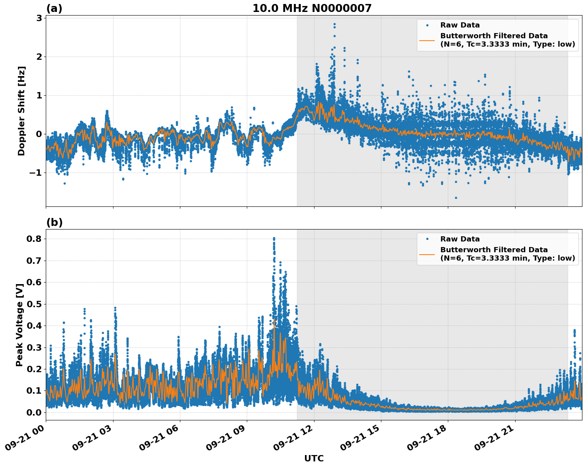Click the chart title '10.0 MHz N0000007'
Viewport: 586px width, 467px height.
[x=312, y=8]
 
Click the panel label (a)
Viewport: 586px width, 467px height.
[x=54, y=8]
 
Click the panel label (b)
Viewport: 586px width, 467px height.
[x=54, y=222]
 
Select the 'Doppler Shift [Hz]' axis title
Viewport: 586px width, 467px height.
[x=21, y=111]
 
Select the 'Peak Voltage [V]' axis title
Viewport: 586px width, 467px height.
[x=20, y=324]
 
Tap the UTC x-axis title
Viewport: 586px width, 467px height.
[x=314, y=458]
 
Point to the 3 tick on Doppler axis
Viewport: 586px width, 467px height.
[x=39, y=18]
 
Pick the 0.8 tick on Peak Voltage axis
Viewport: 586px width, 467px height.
[x=35, y=239]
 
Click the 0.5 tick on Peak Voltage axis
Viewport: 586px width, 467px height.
[x=35, y=304]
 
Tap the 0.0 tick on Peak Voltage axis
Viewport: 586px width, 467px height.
[x=35, y=412]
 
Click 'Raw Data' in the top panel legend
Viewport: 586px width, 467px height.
[x=460, y=26]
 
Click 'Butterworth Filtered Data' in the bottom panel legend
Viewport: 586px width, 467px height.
[x=494, y=250]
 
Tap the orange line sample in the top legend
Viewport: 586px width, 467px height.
[x=427, y=40]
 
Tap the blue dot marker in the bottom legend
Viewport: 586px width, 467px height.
[x=427, y=239]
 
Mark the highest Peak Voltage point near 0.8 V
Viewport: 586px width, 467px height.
[x=273, y=238]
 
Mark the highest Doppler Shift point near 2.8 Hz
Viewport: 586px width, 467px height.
[x=334, y=24]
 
